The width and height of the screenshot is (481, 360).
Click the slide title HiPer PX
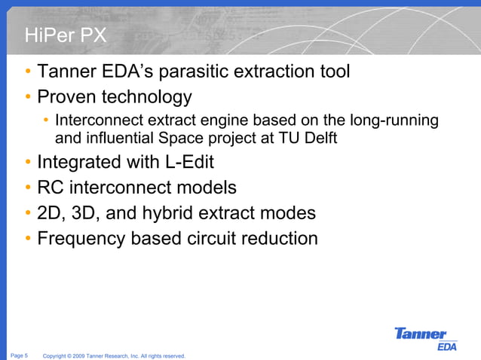[65, 35]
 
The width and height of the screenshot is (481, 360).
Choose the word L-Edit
[188, 163]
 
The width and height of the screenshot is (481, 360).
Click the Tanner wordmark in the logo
[421, 334]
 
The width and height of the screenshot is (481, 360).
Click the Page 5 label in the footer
[20, 355]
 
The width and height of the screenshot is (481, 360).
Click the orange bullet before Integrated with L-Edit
[27, 163]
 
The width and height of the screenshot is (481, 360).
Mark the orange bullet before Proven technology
[27, 97]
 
